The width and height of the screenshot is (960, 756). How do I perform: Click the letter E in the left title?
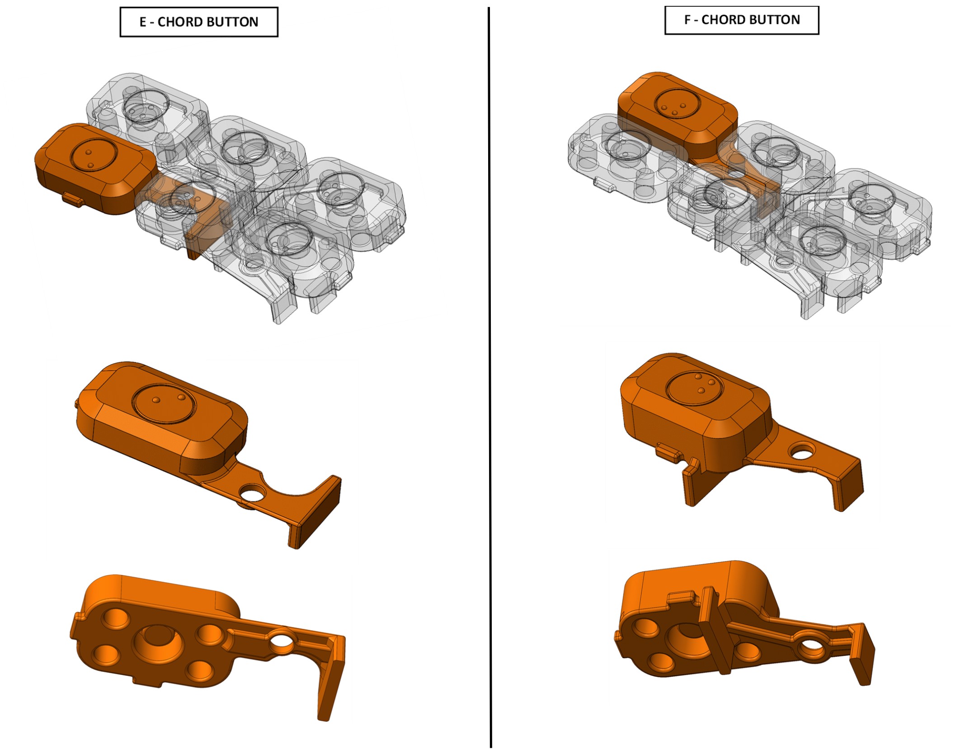(x=143, y=22)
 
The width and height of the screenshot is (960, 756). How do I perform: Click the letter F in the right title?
(x=687, y=20)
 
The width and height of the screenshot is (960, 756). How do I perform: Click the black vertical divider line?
(x=489, y=378)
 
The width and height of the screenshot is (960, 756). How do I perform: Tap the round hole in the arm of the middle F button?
(x=802, y=451)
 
